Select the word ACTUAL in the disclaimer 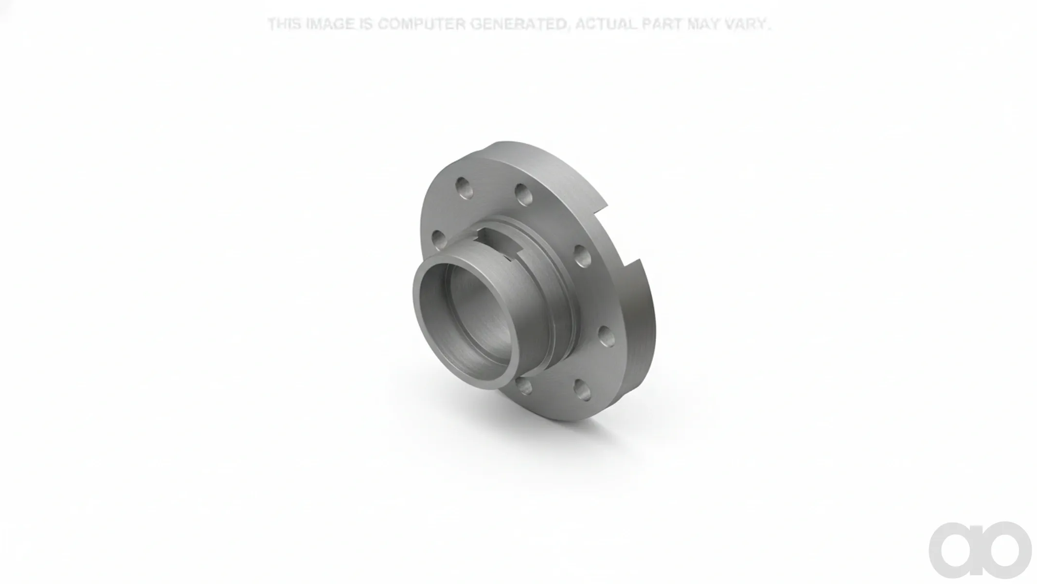click(x=605, y=24)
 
